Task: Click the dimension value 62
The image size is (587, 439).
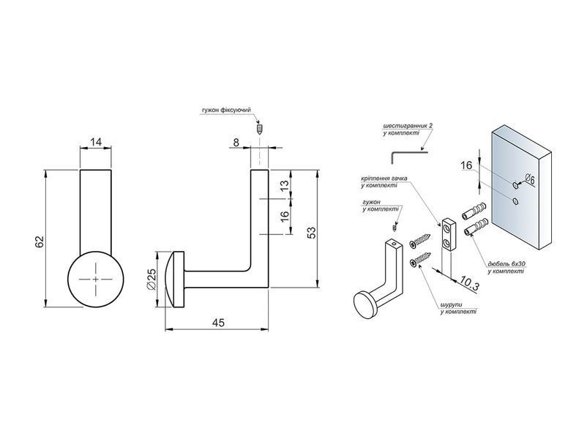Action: click(40, 241)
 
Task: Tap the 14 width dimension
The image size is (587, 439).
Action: click(96, 142)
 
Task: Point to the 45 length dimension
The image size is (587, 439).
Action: click(218, 323)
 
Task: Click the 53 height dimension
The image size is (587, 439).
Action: click(312, 233)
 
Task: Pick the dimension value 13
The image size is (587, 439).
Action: click(285, 186)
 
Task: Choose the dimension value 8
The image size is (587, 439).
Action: click(236, 142)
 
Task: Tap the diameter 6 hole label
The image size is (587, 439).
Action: click(529, 179)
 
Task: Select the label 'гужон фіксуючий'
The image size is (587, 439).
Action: click(226, 110)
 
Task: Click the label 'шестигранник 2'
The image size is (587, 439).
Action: click(408, 126)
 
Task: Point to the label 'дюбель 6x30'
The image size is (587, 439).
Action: click(506, 264)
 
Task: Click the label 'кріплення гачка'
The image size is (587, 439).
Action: click(384, 179)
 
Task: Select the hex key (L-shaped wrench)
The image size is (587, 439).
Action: click(408, 156)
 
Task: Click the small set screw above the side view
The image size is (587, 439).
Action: click(259, 130)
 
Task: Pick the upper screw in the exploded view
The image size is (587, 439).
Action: click(420, 241)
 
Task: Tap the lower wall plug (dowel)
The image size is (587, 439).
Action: click(476, 227)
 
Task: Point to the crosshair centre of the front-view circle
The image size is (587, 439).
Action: click(96, 279)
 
